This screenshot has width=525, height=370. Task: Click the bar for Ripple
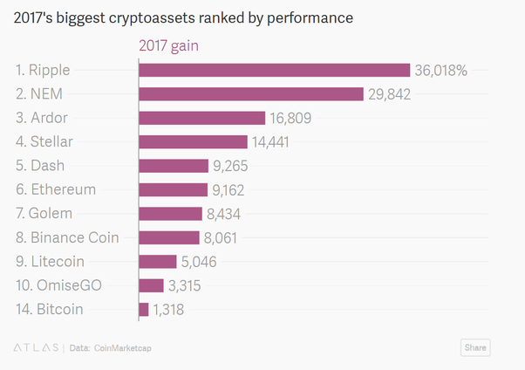274,71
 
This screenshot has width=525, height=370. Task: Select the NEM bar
250,94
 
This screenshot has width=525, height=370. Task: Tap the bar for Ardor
201,118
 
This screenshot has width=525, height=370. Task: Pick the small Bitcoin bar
144,309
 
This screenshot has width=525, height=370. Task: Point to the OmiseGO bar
151,285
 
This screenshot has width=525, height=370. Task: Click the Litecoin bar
158,261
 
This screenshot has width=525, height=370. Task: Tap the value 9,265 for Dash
231,166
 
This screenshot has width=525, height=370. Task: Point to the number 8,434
228,214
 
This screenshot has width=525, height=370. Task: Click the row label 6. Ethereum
56,189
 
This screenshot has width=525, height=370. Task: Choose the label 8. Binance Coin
67,237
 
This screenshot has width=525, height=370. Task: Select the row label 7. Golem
45,214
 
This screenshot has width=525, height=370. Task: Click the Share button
475,347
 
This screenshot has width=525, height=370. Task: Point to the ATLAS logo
34,348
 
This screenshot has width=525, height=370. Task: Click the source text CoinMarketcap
122,348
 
